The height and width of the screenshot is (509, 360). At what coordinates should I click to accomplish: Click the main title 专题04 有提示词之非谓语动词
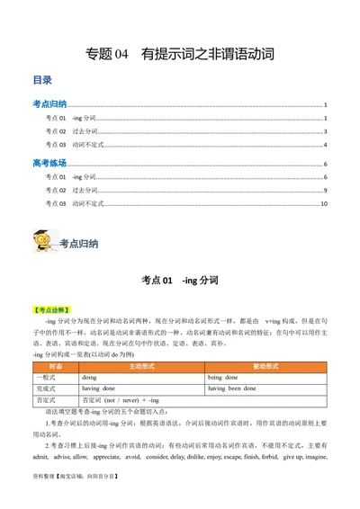(179, 54)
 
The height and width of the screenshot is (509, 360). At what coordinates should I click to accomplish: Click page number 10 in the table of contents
(323, 204)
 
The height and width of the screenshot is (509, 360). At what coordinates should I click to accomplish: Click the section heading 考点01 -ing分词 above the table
(179, 281)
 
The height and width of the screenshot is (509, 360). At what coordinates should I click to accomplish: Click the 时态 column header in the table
(56, 367)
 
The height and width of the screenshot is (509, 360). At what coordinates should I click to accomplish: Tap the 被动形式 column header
(268, 367)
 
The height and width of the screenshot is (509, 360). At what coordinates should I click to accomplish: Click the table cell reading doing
(91, 378)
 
